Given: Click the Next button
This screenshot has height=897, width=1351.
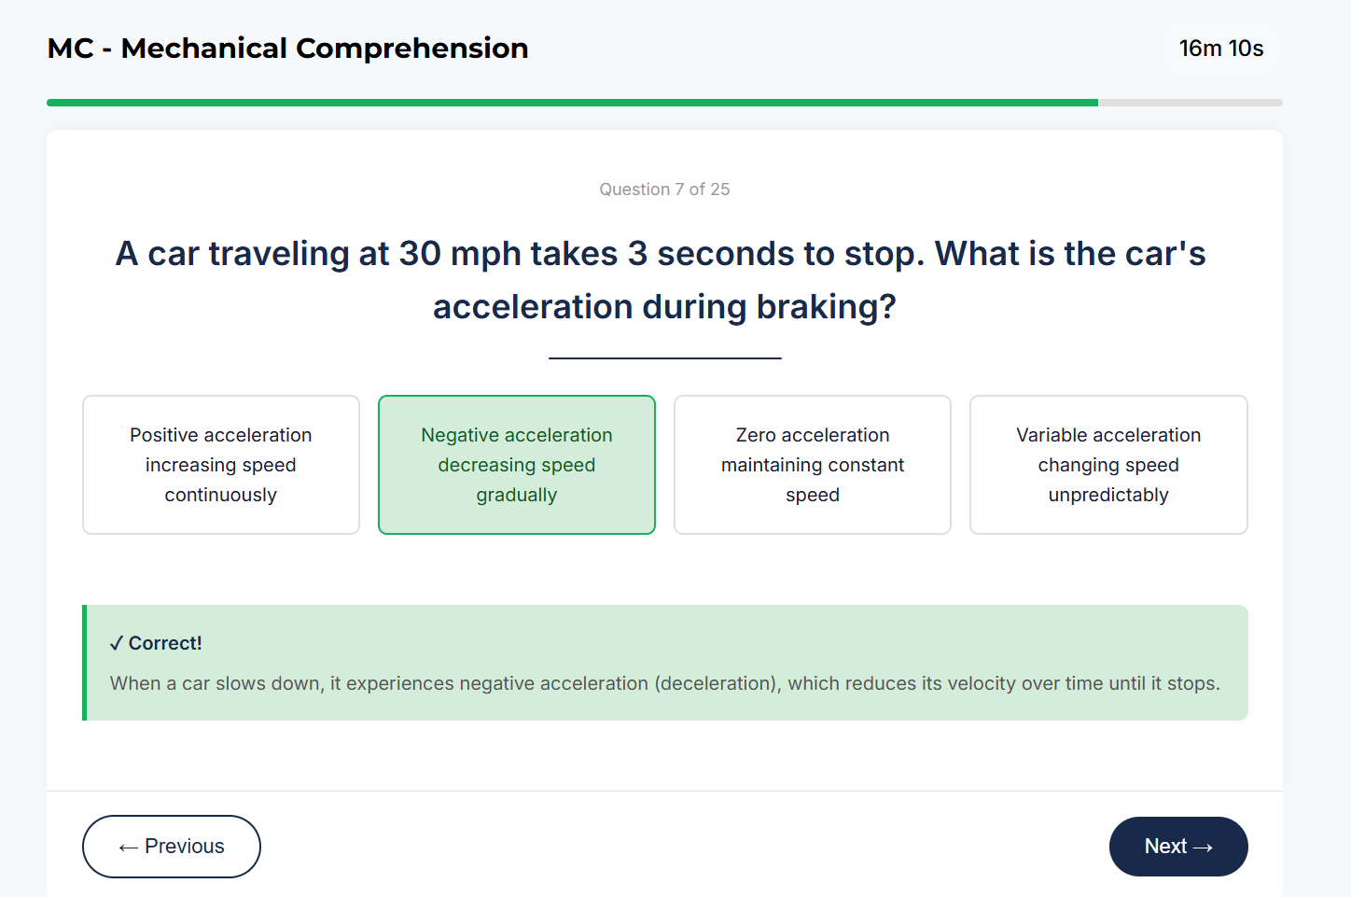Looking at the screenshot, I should pyautogui.click(x=1177, y=847).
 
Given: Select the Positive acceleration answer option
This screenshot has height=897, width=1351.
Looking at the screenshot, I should pyautogui.click(x=221, y=465).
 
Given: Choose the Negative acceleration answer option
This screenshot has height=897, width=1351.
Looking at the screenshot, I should pyautogui.click(x=516, y=465).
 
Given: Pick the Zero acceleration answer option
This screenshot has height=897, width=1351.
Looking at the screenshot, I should pyautogui.click(x=812, y=465).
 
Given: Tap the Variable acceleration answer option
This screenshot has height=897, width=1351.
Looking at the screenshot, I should pyautogui.click(x=1108, y=465).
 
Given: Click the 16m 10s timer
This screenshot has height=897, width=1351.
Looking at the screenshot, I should pyautogui.click(x=1220, y=49).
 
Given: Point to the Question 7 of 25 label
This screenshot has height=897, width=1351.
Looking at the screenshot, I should pyautogui.click(x=664, y=189).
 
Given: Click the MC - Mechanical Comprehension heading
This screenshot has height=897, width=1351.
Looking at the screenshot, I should pyautogui.click(x=287, y=49).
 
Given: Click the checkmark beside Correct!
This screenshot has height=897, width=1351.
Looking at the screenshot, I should pyautogui.click(x=117, y=643).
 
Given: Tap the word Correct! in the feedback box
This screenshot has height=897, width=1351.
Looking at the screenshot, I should pyautogui.click(x=165, y=643).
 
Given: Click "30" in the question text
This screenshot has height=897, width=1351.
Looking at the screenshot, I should pyautogui.click(x=420, y=254).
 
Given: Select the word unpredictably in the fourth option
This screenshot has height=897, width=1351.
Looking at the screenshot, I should pyautogui.click(x=1108, y=495).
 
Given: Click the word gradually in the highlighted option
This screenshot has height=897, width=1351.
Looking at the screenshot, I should pyautogui.click(x=516, y=495).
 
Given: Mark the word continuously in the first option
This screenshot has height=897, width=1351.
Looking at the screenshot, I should pyautogui.click(x=221, y=495).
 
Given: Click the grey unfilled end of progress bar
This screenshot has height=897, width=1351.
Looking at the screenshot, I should pyautogui.click(x=1190, y=103).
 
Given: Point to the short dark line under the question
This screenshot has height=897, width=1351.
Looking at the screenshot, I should pyautogui.click(x=664, y=357).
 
